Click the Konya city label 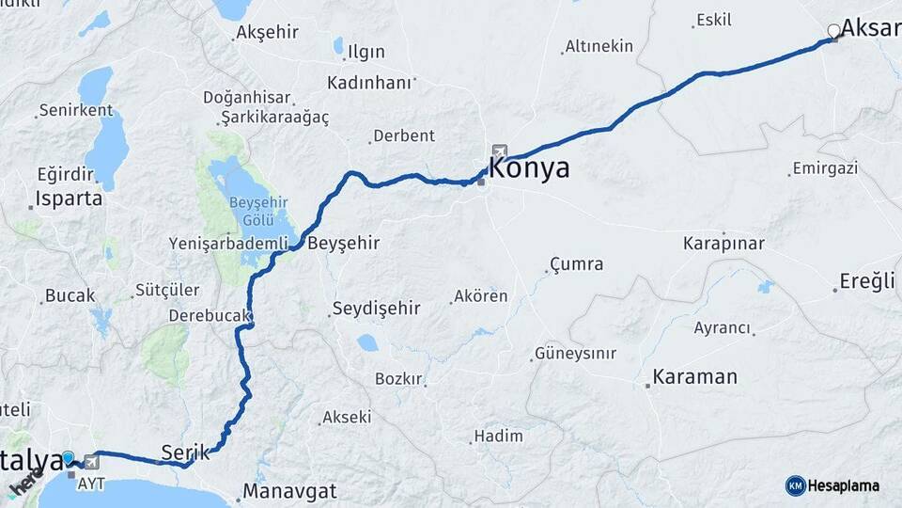pyautogui.click(x=529, y=169)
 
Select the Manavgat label pyautogui.click(x=289, y=491)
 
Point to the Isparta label pyautogui.click(x=69, y=198)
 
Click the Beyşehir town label pyautogui.click(x=344, y=243)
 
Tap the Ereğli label pyautogui.click(x=870, y=282)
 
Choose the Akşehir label pyautogui.click(x=268, y=32)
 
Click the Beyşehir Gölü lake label pyautogui.click(x=251, y=212)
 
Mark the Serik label pyautogui.click(x=183, y=451)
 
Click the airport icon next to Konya pyautogui.click(x=498, y=151)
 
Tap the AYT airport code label pyautogui.click(x=91, y=483)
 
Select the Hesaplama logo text pyautogui.click(x=844, y=485)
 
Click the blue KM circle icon pyautogui.click(x=795, y=485)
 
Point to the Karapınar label pyautogui.click(x=723, y=244)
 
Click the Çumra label pyautogui.click(x=576, y=264)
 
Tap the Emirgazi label pyautogui.click(x=825, y=168)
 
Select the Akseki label pyautogui.click(x=347, y=417)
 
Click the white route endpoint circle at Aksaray pyautogui.click(x=832, y=31)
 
